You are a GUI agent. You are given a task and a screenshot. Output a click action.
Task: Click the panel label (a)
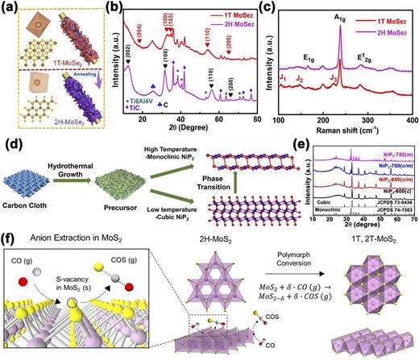(10, 6)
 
